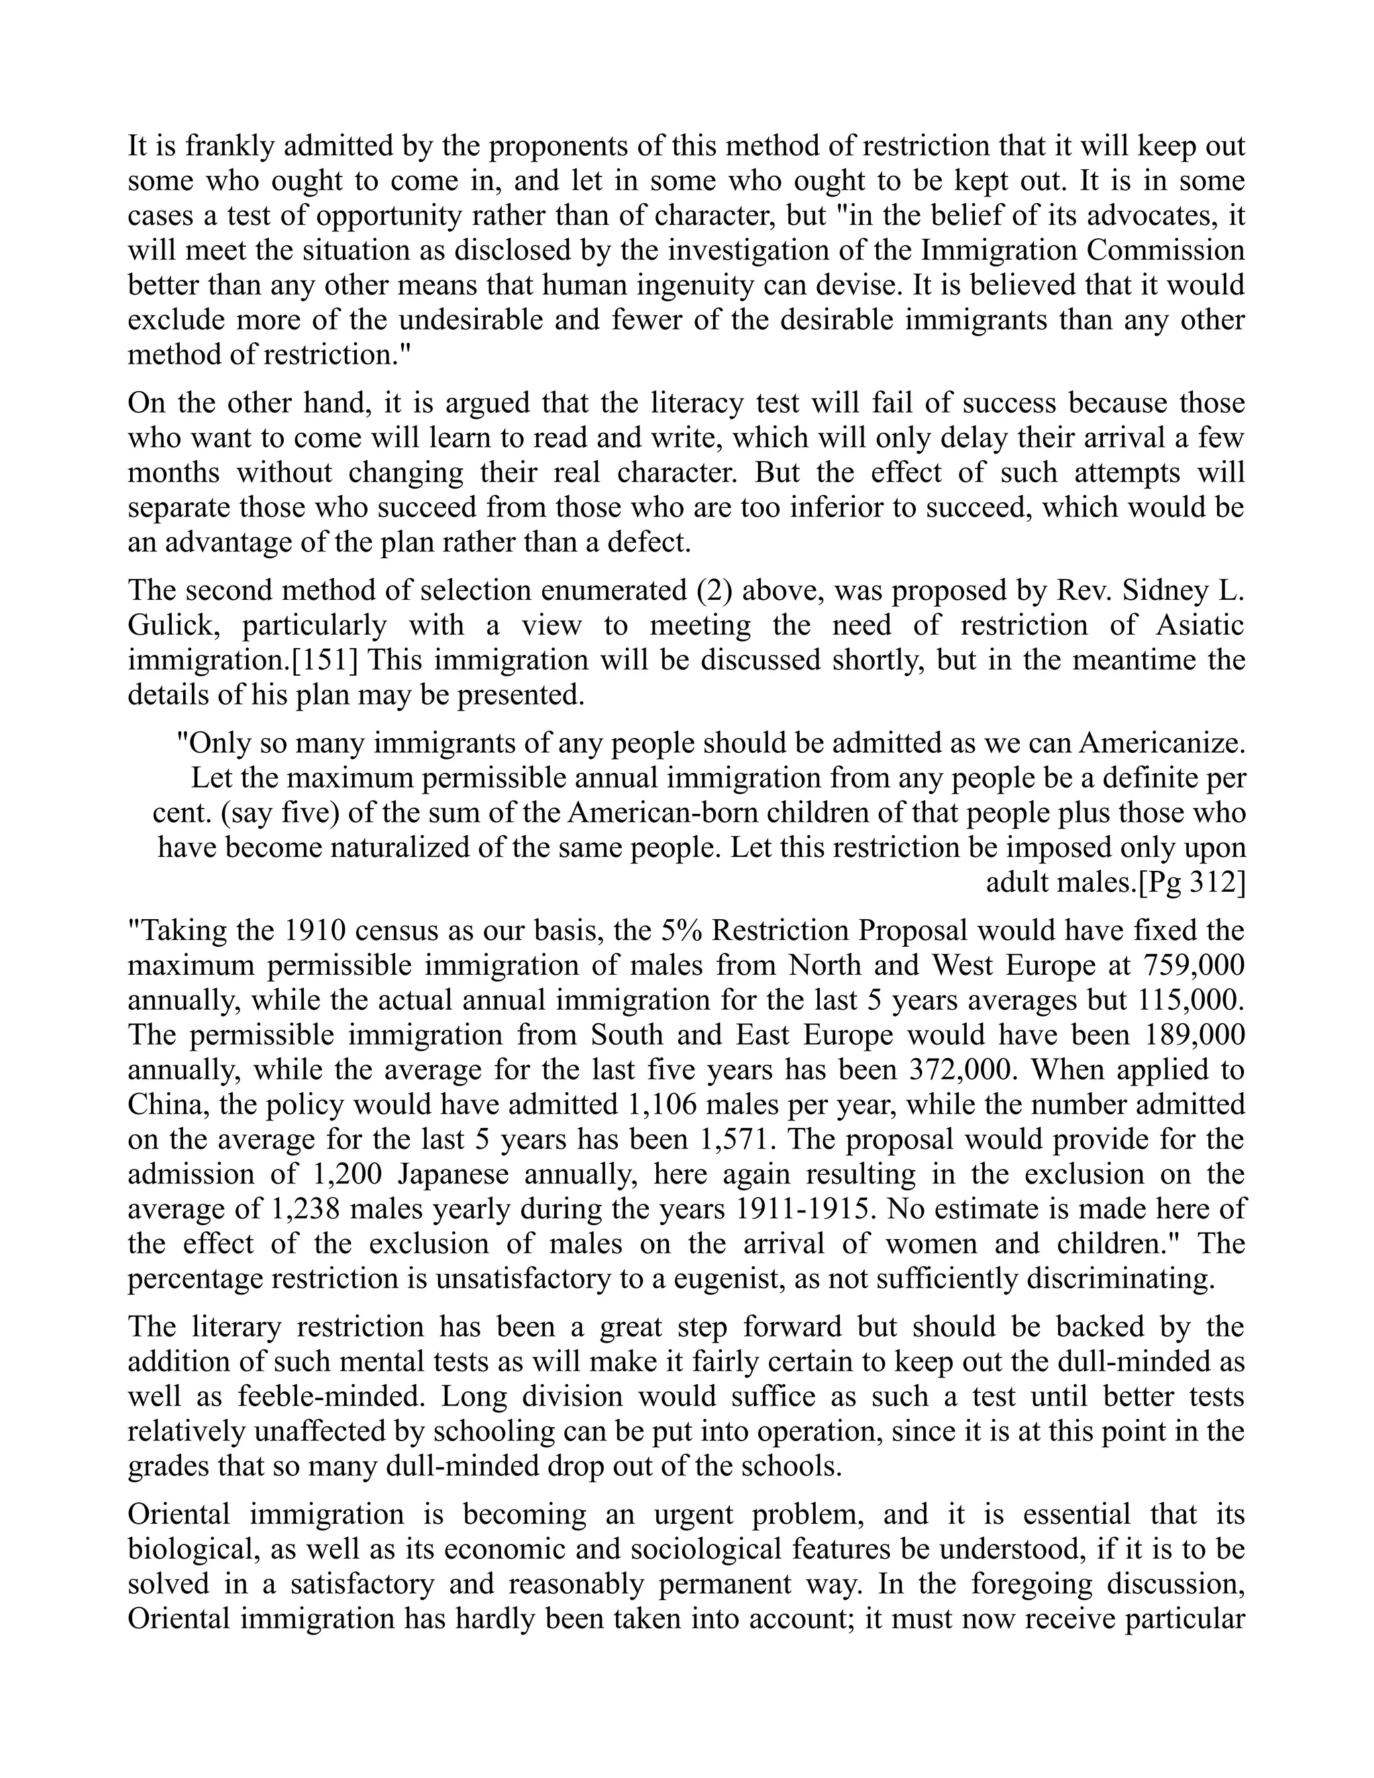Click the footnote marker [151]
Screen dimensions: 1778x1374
pyautogui.click(x=325, y=660)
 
